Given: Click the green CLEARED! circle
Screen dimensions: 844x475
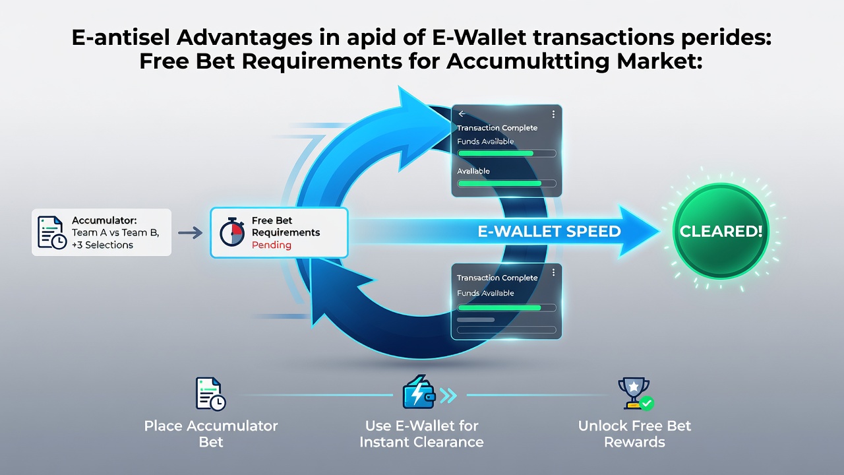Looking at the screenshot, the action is [721, 231].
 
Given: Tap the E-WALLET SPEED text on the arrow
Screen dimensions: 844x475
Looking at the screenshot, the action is [549, 232].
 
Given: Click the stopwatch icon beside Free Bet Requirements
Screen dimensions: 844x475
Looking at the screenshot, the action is [232, 232].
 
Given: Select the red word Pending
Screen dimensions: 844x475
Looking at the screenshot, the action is [271, 245].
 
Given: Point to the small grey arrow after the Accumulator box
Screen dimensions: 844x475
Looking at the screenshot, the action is [190, 233].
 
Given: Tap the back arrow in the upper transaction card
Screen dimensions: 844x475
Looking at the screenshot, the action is [462, 114].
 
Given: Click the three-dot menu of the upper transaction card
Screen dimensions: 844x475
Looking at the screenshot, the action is [553, 114].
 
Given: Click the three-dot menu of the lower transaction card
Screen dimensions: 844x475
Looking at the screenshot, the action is [553, 272].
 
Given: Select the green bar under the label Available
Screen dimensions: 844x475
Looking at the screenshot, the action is [499, 183].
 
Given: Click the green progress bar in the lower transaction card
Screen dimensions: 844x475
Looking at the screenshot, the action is [499, 307].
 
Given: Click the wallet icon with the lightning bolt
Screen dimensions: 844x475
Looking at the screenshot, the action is [419, 393].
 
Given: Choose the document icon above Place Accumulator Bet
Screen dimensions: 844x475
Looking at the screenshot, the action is [210, 394].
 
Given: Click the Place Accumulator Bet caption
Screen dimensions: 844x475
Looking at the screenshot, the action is [211, 434].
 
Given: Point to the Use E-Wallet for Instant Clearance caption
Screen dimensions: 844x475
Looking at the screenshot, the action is [421, 434].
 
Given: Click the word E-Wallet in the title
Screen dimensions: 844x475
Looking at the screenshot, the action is [479, 38].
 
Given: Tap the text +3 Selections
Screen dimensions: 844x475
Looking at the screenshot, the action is [102, 245].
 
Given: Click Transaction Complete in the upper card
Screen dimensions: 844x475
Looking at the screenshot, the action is [497, 128].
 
